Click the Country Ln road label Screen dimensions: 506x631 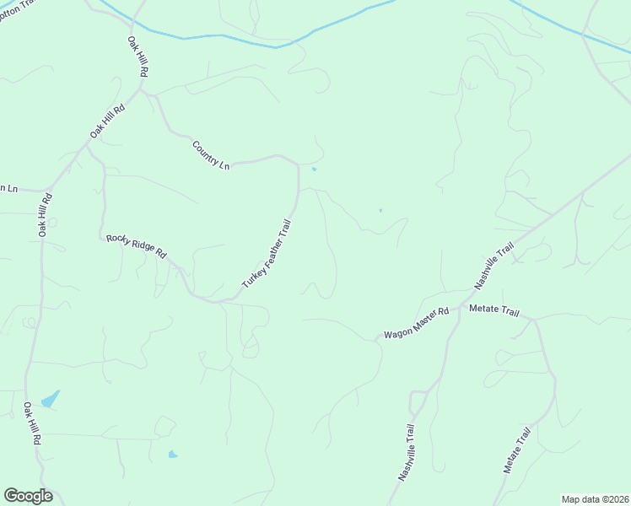(x=211, y=156)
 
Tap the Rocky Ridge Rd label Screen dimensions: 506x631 (x=137, y=245)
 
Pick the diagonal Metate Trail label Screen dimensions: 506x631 (x=517, y=449)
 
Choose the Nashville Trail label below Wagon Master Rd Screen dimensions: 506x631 (x=407, y=452)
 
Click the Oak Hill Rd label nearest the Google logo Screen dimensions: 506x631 (x=31, y=423)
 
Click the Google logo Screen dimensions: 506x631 (x=28, y=496)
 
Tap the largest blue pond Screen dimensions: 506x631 (x=51, y=398)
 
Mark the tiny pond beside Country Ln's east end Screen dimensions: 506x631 (x=314, y=170)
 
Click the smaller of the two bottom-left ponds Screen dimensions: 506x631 (x=173, y=455)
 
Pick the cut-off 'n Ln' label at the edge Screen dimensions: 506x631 (x=8, y=188)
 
